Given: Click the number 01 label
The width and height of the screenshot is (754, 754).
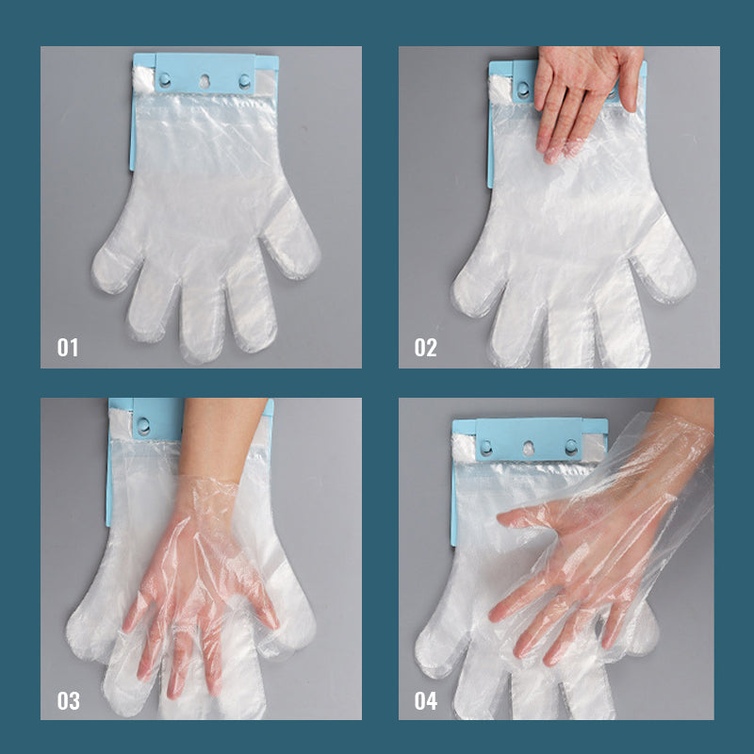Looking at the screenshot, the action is [x=67, y=347].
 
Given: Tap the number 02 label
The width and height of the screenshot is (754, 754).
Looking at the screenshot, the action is [x=426, y=347].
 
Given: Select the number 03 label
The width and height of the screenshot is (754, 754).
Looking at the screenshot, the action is [x=68, y=700].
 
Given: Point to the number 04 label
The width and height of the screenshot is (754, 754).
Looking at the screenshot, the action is [x=426, y=700].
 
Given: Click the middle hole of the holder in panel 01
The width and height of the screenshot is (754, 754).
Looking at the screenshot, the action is [x=205, y=81].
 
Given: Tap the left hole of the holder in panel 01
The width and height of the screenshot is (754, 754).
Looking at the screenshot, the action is [x=165, y=80].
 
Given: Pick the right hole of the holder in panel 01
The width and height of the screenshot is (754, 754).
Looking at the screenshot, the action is [x=244, y=81].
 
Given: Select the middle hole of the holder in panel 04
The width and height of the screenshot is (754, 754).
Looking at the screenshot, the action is [x=528, y=449].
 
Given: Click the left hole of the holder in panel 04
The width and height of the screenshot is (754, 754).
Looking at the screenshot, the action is [x=486, y=447].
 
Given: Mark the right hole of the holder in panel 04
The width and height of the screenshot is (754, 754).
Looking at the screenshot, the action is [x=571, y=447].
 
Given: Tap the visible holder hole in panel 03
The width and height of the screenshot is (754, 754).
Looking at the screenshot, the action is [x=143, y=425].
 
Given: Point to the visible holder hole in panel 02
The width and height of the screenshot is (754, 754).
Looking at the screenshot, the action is [x=523, y=89].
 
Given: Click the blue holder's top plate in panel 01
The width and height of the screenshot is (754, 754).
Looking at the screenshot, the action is [x=205, y=74].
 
